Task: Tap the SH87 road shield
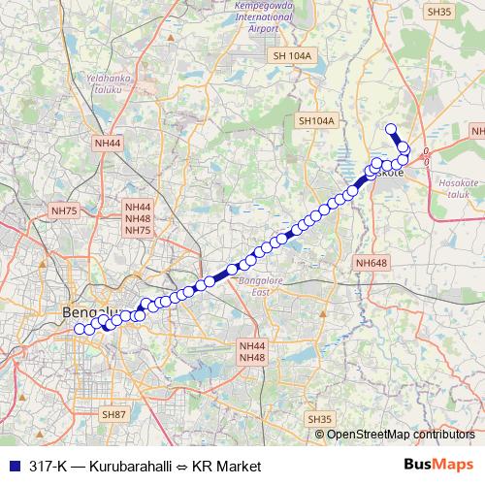pos(114,414)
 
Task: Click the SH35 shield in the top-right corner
pos(438,12)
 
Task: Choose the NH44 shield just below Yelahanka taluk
pos(108,143)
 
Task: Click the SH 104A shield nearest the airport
pos(292,56)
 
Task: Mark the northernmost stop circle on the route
pos(391,129)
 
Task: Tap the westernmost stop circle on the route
pos(81,329)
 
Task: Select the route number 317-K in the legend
pos(47,467)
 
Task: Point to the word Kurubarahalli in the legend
pos(129,467)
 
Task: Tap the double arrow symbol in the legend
pos(181,467)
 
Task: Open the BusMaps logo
pos(439,466)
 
